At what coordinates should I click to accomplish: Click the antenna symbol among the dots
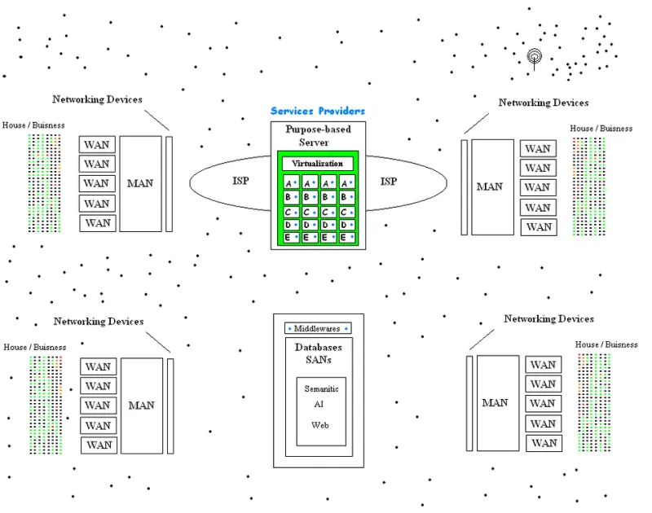[535, 58]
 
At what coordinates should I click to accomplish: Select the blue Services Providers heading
[318, 111]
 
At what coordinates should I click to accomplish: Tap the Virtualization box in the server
[317, 163]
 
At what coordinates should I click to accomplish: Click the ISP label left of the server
[240, 181]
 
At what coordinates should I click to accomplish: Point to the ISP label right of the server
[389, 181]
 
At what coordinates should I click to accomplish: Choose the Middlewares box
[318, 329]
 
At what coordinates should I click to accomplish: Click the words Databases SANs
[319, 353]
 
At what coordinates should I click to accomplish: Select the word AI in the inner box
[319, 404]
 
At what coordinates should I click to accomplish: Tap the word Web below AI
[319, 425]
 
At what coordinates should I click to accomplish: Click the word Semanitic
[321, 388]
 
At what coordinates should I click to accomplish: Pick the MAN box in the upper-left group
[140, 183]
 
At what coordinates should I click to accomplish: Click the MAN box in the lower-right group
[498, 403]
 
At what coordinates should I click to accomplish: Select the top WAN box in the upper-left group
[97, 145]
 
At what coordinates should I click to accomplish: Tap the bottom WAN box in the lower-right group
[544, 443]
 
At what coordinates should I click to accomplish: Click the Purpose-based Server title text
[318, 136]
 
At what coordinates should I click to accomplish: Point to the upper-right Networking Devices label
[544, 103]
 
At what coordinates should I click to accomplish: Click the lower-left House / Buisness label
[35, 347]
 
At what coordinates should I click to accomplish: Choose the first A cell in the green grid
[291, 182]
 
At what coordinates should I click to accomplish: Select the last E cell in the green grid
[347, 237]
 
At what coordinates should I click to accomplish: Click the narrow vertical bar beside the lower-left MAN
[170, 406]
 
